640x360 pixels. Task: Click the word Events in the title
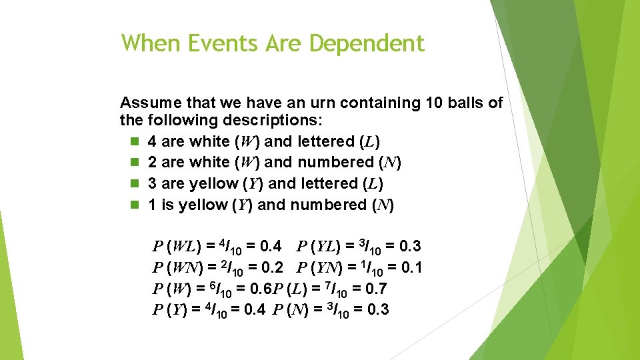point(225,44)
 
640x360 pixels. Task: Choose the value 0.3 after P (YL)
point(407,247)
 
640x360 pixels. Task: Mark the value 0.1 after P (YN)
point(409,269)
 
